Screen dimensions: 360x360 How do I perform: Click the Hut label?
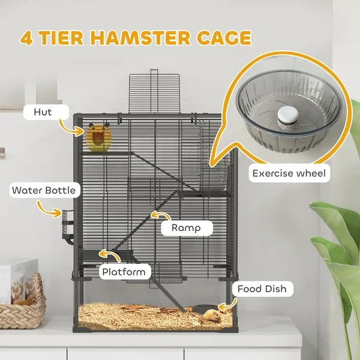click(43, 112)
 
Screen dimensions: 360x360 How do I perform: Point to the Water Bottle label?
click(44, 191)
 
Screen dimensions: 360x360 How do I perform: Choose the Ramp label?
click(186, 227)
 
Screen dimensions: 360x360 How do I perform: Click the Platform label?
click(124, 272)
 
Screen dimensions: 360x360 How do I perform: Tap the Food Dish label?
click(261, 289)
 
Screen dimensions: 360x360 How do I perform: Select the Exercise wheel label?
click(289, 174)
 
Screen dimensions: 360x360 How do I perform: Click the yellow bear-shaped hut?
click(99, 138)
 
